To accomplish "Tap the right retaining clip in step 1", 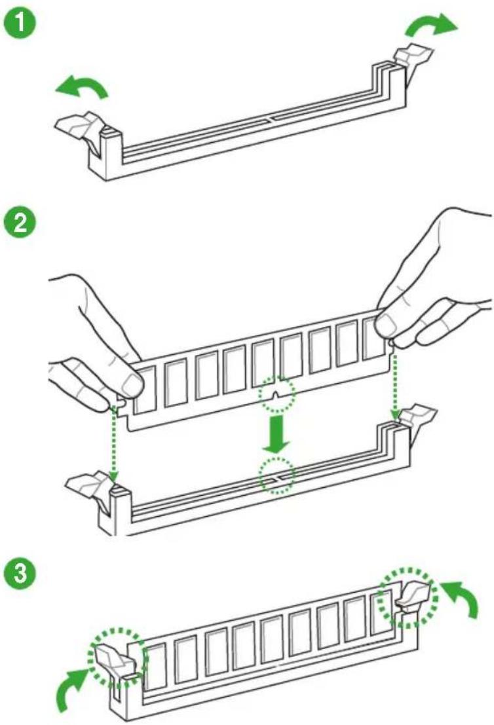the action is (413, 56).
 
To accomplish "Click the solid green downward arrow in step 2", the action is (276, 434).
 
